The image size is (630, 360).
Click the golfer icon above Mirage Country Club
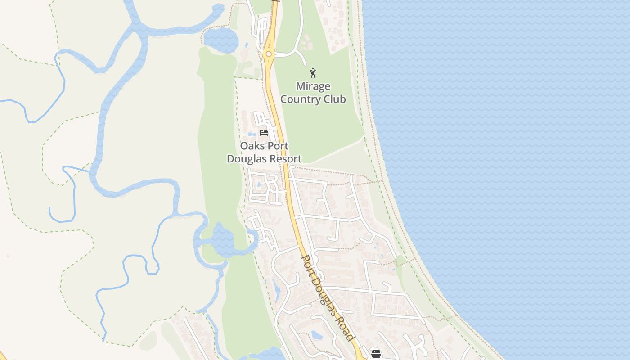pos(313,72)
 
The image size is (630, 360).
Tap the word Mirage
pos(313,86)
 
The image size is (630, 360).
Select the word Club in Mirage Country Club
pos(334,99)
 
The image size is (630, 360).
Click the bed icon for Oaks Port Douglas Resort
pos(264,133)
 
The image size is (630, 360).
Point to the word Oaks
pos(252,146)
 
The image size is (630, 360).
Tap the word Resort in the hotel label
pos(285,159)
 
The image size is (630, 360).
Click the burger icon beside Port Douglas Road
pos(376,354)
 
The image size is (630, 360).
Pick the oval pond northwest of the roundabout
pos(220,40)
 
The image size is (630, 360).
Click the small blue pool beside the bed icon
pos(252,134)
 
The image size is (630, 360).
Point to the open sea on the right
pos(517,157)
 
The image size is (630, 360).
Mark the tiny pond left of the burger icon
pos(317,335)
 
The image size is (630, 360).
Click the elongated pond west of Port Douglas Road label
pos(275,288)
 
